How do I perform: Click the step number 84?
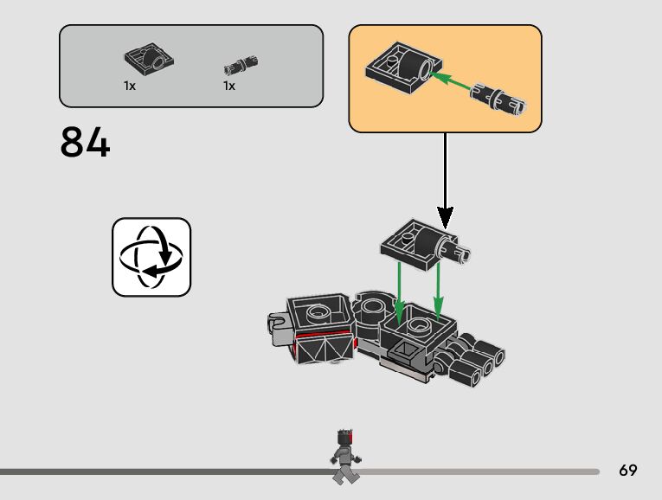tap(86, 144)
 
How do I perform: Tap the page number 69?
tap(628, 471)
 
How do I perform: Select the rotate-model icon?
tap(151, 257)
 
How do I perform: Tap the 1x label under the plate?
tap(130, 87)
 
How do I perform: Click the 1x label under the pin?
tap(229, 87)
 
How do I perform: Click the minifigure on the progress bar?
tap(344, 455)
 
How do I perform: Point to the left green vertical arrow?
tap(399, 290)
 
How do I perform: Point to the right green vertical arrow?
tap(438, 290)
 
